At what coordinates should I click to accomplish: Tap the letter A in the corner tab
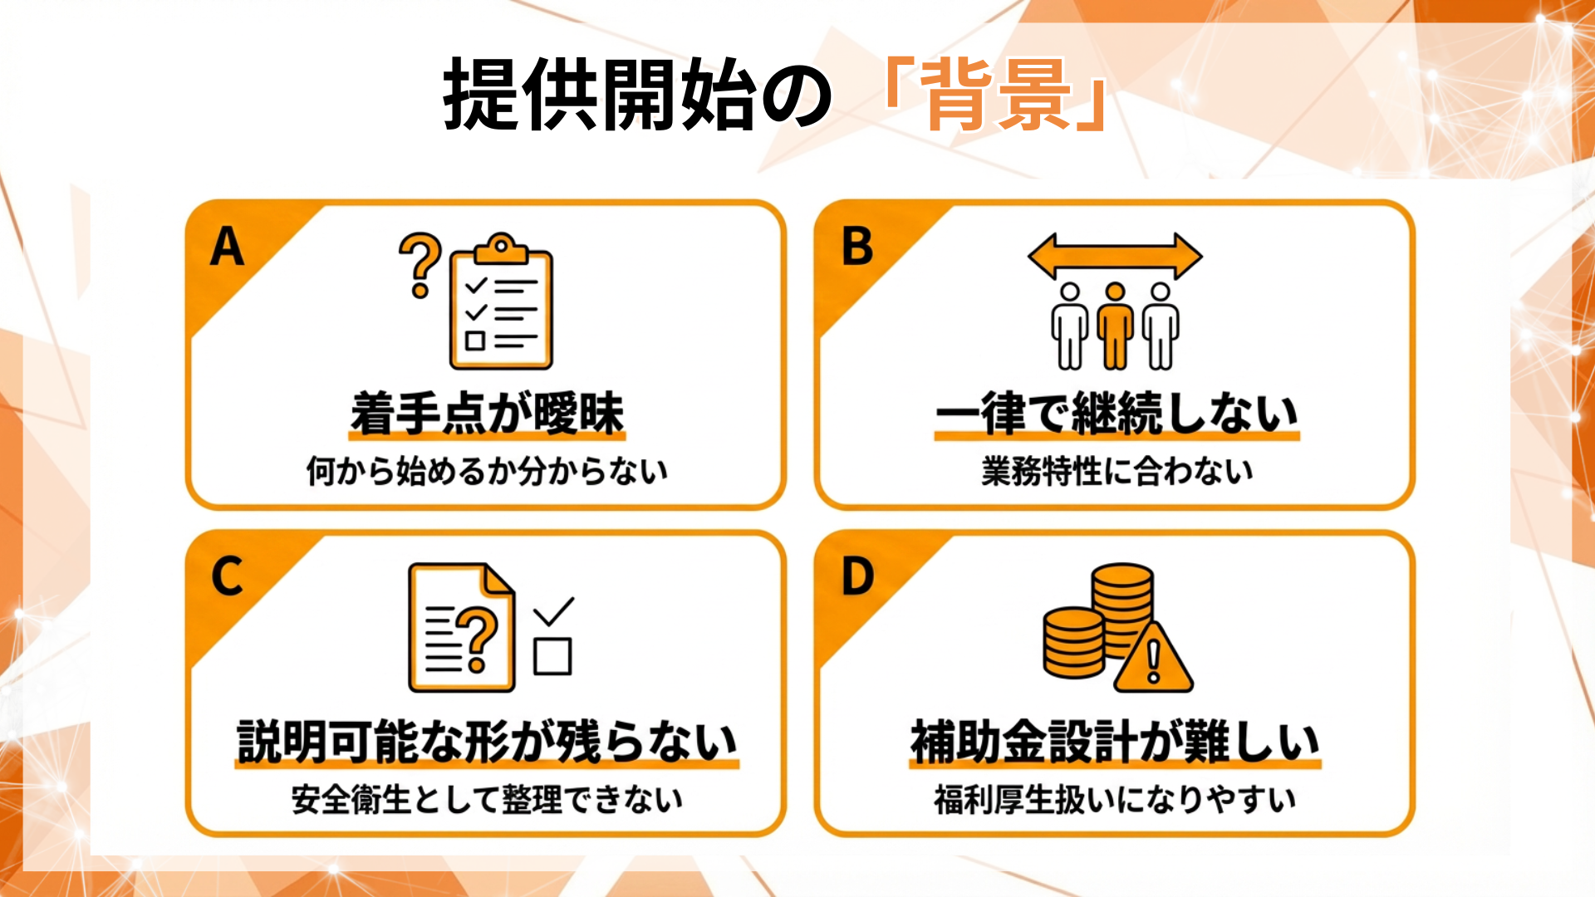click(227, 248)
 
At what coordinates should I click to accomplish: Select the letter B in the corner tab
click(857, 248)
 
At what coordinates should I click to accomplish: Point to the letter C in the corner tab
click(227, 576)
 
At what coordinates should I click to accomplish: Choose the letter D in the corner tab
click(857, 576)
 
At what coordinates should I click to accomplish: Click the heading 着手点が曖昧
click(487, 414)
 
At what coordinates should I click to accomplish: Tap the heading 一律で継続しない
click(1116, 414)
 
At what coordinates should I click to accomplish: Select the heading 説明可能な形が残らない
click(487, 742)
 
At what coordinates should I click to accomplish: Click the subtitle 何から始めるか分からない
click(487, 471)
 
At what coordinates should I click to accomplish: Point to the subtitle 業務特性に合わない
click(1116, 471)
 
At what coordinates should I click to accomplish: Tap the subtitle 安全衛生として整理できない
click(487, 800)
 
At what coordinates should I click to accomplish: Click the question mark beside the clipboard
click(420, 264)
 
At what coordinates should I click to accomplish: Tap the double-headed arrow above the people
click(1115, 257)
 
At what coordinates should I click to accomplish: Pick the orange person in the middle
click(1115, 326)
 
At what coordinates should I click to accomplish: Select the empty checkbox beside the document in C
click(552, 657)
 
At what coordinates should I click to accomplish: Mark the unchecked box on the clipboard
click(475, 341)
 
